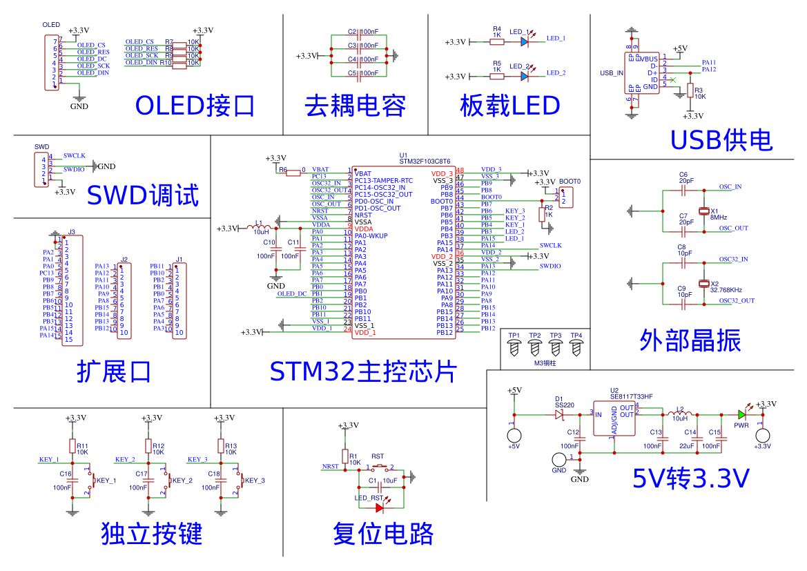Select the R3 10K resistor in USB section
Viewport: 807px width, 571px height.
point(689,91)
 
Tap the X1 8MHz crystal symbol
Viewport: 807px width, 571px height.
point(704,211)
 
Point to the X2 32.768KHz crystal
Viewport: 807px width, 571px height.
point(704,284)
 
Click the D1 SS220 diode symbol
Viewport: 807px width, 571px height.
point(559,415)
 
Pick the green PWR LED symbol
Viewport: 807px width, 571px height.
point(741,415)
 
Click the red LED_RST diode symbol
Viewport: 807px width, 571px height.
point(379,507)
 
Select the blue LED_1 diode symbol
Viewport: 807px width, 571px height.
point(525,42)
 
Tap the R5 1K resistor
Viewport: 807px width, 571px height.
point(497,76)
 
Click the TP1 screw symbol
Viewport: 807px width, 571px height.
point(514,349)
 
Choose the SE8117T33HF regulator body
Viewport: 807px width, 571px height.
point(614,418)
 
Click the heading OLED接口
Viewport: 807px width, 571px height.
point(195,106)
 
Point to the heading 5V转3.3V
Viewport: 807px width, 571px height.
point(690,478)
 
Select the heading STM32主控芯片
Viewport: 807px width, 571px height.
point(363,371)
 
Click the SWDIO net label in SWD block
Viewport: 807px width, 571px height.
point(74,169)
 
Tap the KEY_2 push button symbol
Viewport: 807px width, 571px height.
point(167,481)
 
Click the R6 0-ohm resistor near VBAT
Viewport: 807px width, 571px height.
point(292,170)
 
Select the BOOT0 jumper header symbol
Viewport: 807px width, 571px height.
point(565,198)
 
